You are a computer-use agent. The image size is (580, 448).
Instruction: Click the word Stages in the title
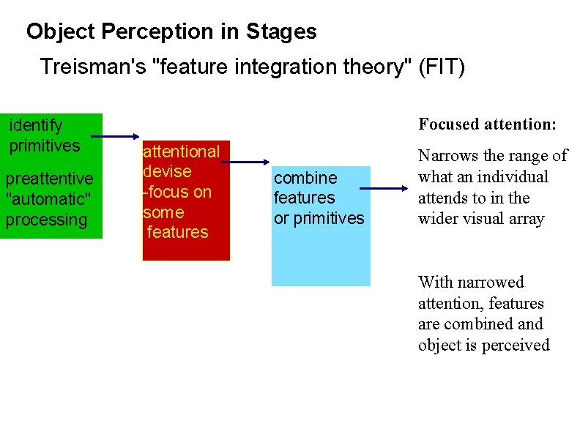(x=282, y=32)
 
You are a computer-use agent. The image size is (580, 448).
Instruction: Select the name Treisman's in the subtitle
(x=88, y=67)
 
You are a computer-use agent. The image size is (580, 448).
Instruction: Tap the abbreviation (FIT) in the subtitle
(x=441, y=67)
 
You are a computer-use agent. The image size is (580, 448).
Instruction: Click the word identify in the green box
(x=36, y=126)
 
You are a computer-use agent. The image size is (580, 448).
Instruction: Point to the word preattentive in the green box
(x=49, y=179)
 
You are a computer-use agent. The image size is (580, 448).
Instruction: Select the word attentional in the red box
(x=181, y=152)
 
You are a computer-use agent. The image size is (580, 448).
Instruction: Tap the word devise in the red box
(x=167, y=171)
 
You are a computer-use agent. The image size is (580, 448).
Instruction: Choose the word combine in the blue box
(x=305, y=178)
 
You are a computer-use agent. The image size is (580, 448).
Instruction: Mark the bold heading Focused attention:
(x=487, y=124)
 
